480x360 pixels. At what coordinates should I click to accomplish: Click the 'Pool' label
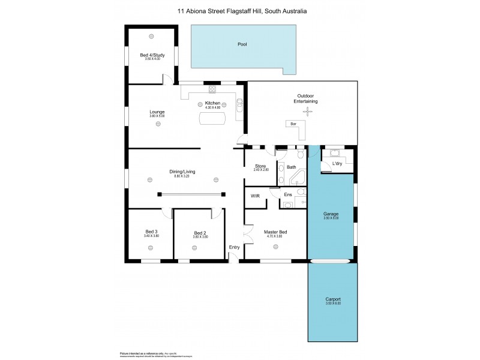[242, 44]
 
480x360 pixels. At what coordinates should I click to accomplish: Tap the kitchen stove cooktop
[212, 90]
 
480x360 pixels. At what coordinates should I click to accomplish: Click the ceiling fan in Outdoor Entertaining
[308, 112]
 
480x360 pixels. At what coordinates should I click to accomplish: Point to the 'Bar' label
[293, 124]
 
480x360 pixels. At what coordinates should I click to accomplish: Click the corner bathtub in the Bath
[298, 178]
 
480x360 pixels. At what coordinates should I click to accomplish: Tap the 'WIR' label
[254, 196]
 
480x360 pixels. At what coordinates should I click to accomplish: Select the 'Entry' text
[234, 247]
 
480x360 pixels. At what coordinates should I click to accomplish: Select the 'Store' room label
[260, 166]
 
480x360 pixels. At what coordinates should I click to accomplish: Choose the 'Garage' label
[331, 214]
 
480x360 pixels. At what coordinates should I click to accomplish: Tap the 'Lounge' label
[157, 112]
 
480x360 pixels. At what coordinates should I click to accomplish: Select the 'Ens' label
[288, 195]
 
